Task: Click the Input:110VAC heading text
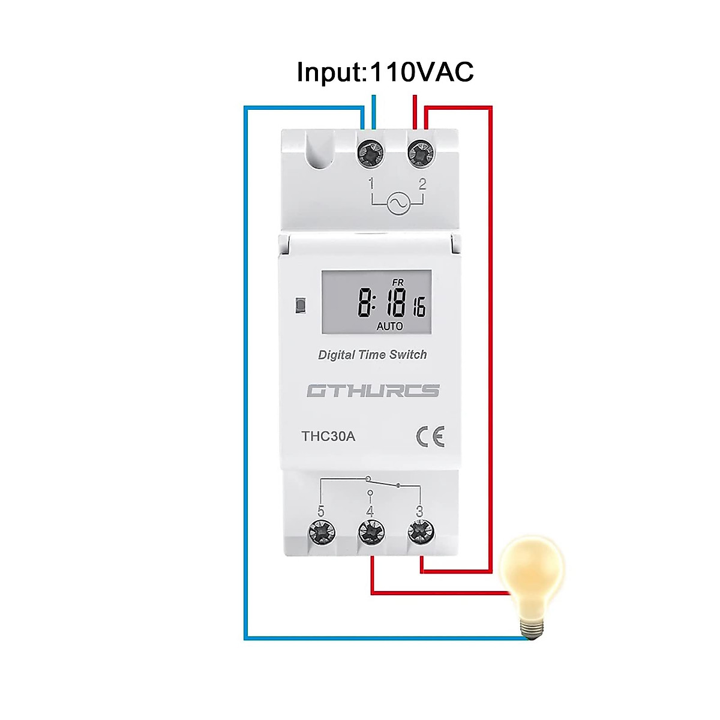click(385, 72)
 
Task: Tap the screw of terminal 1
click(370, 154)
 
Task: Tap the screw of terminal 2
click(421, 154)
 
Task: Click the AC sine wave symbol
click(398, 203)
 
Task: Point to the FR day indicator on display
click(398, 283)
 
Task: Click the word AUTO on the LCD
click(389, 326)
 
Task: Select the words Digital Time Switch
click(372, 355)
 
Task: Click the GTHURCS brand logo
click(373, 391)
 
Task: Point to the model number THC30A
click(328, 436)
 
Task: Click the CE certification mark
click(431, 437)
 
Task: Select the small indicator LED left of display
click(301, 305)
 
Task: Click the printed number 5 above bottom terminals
click(321, 511)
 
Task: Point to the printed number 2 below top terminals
click(422, 184)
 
